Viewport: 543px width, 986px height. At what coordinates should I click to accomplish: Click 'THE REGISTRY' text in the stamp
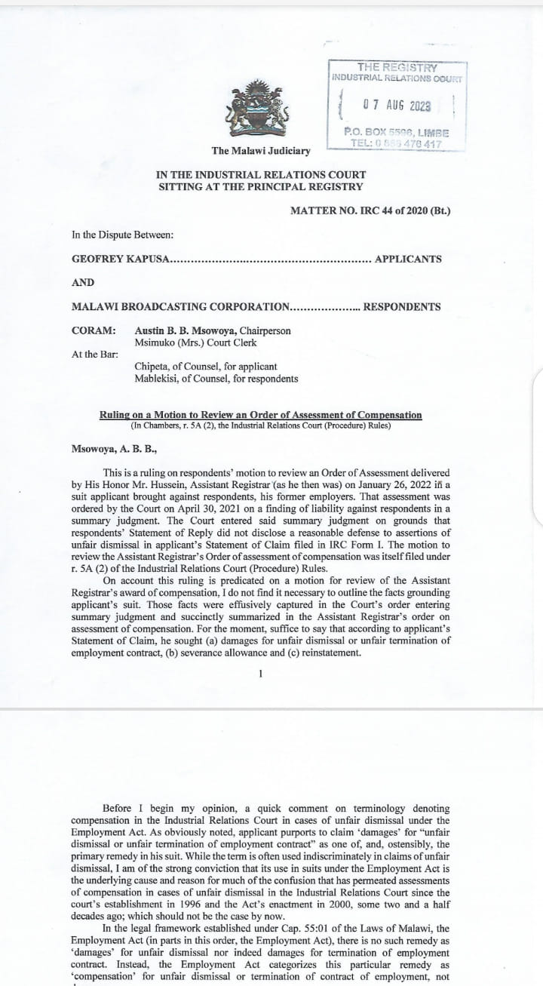(x=397, y=68)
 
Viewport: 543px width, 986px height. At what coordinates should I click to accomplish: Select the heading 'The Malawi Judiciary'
(x=261, y=151)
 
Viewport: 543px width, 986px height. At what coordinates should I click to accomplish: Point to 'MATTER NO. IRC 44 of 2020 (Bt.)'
(x=370, y=210)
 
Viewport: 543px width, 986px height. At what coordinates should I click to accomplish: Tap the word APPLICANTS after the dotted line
(x=408, y=259)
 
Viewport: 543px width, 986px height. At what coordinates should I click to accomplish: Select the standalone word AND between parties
(x=83, y=283)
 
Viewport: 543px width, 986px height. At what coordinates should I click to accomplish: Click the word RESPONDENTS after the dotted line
(x=402, y=307)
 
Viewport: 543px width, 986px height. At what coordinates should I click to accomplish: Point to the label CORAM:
(x=94, y=330)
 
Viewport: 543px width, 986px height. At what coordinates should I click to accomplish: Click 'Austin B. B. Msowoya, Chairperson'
(x=212, y=330)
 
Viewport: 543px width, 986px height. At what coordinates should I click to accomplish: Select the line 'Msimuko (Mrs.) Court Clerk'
(x=195, y=342)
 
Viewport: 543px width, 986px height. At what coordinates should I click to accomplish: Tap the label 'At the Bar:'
(x=95, y=355)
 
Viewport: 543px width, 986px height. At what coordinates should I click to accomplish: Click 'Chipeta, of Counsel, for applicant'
(x=200, y=367)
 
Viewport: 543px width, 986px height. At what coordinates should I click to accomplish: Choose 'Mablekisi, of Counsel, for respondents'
(x=216, y=379)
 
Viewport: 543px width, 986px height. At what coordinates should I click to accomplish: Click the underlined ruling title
(x=261, y=415)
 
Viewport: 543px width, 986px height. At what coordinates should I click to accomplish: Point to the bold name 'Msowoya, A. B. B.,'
(x=115, y=449)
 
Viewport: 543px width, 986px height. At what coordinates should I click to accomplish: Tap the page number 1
(x=260, y=673)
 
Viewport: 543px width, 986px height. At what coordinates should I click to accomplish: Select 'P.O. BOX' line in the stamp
(x=396, y=132)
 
